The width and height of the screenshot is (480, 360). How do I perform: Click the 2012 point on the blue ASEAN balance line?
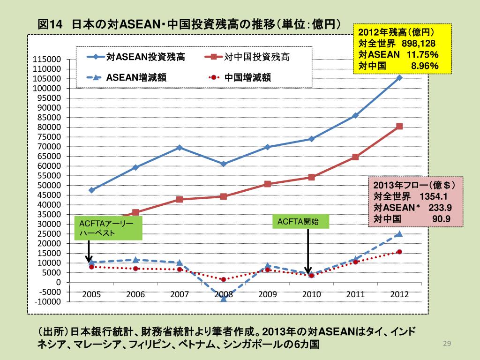(x=399, y=77)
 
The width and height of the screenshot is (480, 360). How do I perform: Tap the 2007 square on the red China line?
(x=180, y=199)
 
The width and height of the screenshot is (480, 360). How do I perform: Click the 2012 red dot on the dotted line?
(x=399, y=252)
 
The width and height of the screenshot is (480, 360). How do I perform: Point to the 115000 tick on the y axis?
(x=47, y=60)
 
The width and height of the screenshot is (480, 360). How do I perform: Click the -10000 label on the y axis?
(x=47, y=301)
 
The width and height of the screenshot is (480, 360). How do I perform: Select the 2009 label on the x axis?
(x=268, y=295)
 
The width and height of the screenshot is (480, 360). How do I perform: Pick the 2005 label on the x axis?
(x=91, y=295)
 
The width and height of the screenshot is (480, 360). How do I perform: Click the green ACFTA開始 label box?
(x=301, y=222)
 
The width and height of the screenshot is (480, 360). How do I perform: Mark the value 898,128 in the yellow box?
(x=420, y=44)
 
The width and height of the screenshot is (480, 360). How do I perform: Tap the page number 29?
(x=446, y=345)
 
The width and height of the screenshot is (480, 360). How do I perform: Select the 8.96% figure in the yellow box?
(x=424, y=66)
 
